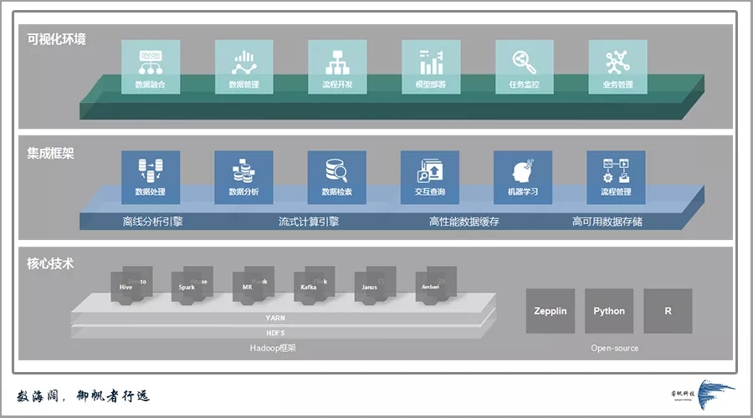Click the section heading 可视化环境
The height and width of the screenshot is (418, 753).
coord(56,39)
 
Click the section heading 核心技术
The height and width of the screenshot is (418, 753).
coord(50,263)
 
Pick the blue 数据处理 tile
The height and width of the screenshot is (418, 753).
coord(150,177)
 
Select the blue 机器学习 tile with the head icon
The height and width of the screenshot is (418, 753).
coord(523,177)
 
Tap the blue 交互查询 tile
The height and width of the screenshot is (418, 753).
coord(430,177)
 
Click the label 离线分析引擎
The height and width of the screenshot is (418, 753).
coord(152,222)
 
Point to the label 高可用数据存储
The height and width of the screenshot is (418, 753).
coord(607,222)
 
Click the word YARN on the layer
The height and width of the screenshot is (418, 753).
coord(275,318)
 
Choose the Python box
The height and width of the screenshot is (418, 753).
coord(609,311)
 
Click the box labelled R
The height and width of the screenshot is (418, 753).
coord(668,311)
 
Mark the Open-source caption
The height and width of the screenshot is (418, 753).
coord(614,348)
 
